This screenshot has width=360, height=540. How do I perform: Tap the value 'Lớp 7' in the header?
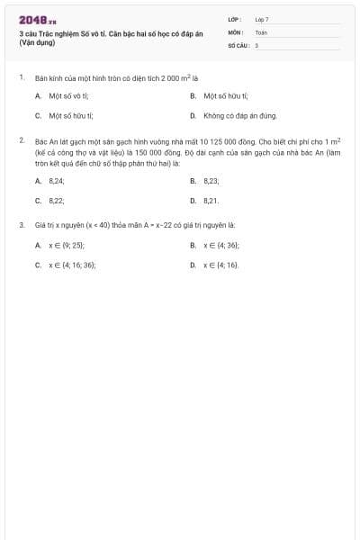(262, 19)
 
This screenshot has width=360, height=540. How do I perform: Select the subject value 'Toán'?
(261, 31)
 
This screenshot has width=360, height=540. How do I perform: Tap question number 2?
(21, 141)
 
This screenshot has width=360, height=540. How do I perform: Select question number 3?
(21, 225)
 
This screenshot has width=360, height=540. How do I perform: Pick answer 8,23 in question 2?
(211, 180)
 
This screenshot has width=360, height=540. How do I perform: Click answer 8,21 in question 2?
(211, 201)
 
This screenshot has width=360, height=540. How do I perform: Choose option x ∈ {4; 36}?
(221, 245)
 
